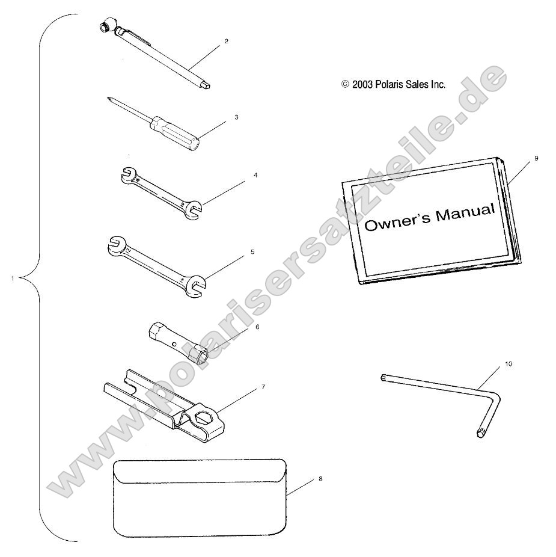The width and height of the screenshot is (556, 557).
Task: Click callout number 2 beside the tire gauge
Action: click(x=226, y=42)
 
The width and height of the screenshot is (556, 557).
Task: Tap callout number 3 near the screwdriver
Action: click(x=236, y=117)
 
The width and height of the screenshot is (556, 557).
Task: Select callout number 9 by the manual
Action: click(x=536, y=158)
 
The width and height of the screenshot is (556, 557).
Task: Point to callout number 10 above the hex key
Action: click(x=509, y=364)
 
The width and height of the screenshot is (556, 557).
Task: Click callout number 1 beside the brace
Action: click(x=13, y=278)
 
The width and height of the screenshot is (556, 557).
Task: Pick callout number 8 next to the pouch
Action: click(x=320, y=479)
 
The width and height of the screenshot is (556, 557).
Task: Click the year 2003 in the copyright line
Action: click(x=362, y=85)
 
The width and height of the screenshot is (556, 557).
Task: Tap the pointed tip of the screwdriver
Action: click(x=108, y=99)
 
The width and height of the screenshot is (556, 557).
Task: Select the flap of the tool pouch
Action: click(x=200, y=472)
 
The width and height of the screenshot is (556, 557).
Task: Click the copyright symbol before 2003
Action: click(x=345, y=84)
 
